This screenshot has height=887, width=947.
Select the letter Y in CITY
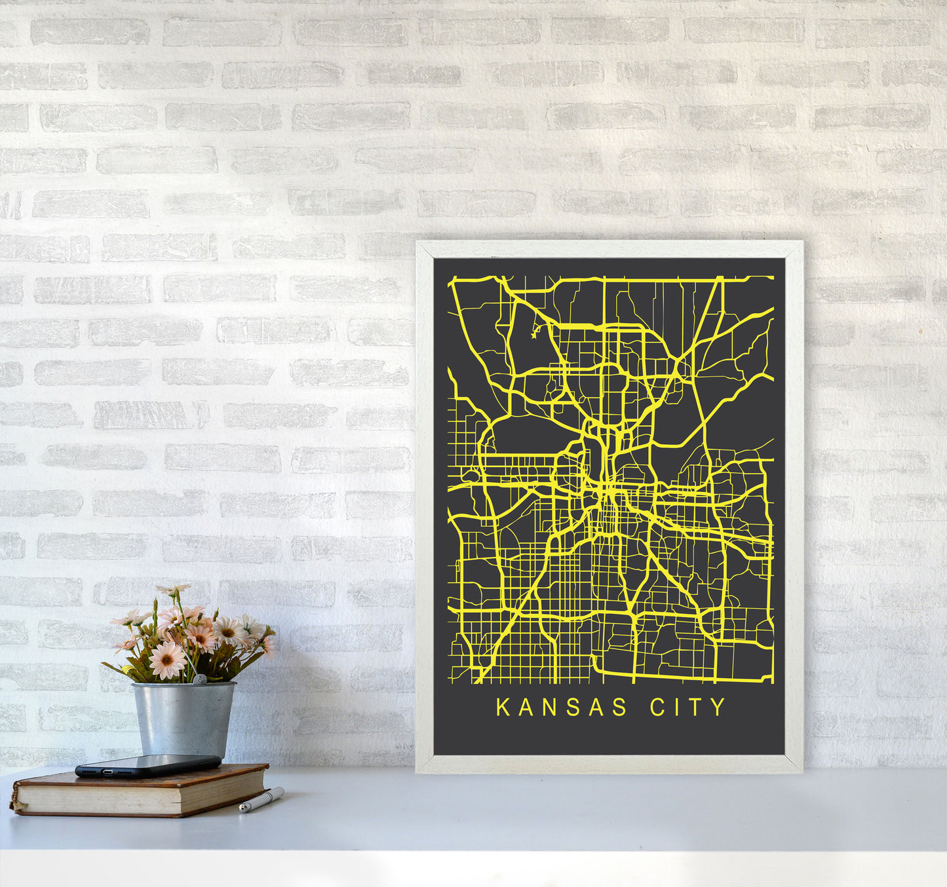[720, 708]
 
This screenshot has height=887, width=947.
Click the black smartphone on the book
[148, 765]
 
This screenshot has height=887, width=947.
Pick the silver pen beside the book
[261, 800]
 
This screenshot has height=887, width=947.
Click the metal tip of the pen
[242, 810]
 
